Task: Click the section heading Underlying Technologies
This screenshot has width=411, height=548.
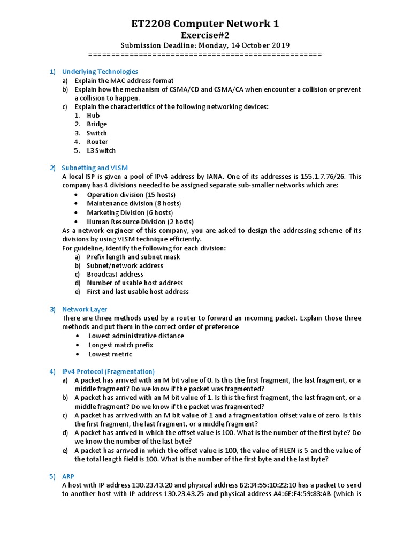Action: tap(100, 71)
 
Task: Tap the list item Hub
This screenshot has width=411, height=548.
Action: tap(93, 115)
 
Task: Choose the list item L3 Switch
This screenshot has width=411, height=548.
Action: tap(101, 150)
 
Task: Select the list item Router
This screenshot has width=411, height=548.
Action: tap(97, 142)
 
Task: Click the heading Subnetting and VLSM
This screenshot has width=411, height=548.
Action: tap(95, 168)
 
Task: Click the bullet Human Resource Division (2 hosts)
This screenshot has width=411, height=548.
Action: tap(140, 222)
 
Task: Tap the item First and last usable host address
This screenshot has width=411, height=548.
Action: tap(138, 292)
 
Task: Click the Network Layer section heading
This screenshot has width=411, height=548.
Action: tap(85, 309)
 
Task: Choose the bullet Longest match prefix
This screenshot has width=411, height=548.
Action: tap(121, 345)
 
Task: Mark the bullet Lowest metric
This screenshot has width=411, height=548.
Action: tap(110, 354)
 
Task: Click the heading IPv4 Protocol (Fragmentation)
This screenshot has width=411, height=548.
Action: tap(108, 371)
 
